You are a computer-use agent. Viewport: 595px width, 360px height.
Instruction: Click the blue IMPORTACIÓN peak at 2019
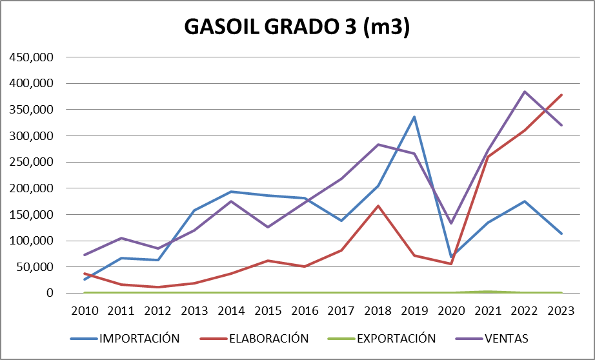click(414, 117)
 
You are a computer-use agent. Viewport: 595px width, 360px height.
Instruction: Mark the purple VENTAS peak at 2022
click(525, 92)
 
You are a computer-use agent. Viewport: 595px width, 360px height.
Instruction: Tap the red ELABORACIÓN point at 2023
click(561, 95)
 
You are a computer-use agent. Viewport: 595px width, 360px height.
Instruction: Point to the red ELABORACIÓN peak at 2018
click(378, 206)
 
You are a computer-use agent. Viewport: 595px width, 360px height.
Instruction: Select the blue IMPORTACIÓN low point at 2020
click(451, 257)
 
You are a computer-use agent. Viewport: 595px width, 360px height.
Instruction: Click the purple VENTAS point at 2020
click(451, 223)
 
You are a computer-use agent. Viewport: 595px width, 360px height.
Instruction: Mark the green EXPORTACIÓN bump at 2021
click(488, 292)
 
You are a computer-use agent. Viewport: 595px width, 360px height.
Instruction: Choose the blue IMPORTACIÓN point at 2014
click(231, 192)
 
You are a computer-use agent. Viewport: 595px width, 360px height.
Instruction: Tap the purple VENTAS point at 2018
click(378, 145)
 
